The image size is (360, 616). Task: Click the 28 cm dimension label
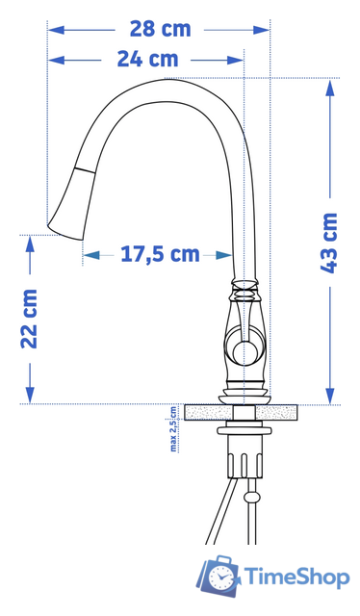pyautogui.click(x=161, y=29)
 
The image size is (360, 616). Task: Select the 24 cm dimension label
pyautogui.click(x=148, y=60)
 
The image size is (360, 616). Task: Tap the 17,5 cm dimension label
pyautogui.click(x=160, y=254)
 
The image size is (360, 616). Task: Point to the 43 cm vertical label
pyautogui.click(x=329, y=243)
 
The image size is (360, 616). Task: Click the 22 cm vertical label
pyautogui.click(x=30, y=319)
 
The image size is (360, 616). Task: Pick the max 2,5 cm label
pyautogui.click(x=173, y=429)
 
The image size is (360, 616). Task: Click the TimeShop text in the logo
pyautogui.click(x=297, y=577)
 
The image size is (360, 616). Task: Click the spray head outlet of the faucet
pyautogui.click(x=65, y=232)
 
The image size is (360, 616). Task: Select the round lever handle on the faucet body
pyautogui.click(x=244, y=350)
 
